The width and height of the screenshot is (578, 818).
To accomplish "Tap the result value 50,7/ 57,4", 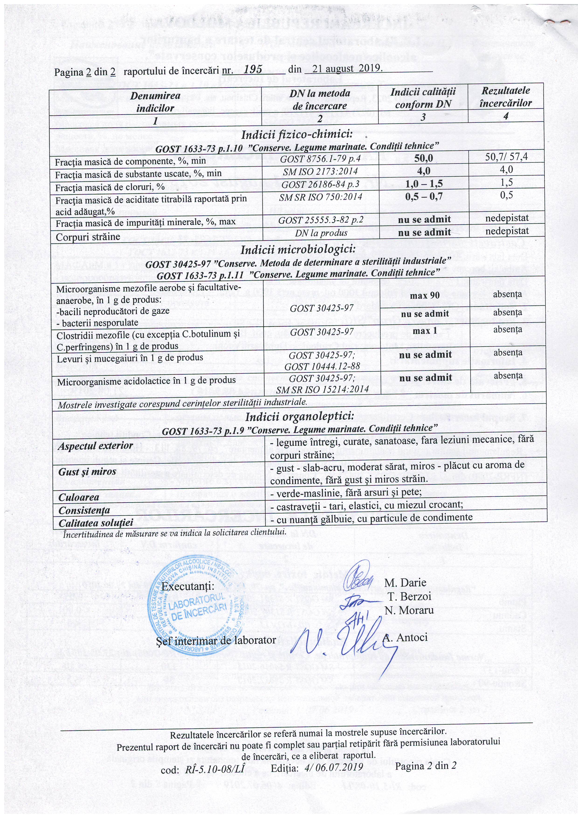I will (507, 157).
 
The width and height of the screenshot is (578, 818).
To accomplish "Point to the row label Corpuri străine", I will (88, 237).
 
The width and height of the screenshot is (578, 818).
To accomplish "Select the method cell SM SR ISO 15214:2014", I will (322, 389).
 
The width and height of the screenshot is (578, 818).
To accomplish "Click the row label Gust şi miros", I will (87, 472).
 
